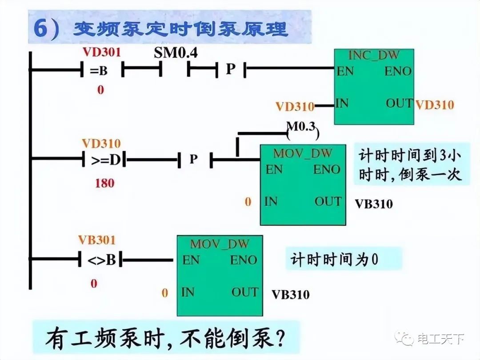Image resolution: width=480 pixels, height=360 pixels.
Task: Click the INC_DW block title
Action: click(373, 56)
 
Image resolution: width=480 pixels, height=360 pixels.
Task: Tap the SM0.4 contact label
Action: click(176, 53)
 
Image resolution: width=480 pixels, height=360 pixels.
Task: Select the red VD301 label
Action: click(101, 52)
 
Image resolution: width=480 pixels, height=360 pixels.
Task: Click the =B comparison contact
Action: click(101, 70)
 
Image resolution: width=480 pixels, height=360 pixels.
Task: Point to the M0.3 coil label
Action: click(301, 128)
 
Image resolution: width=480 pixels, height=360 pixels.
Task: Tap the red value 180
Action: click(104, 183)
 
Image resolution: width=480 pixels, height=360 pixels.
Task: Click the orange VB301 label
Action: click(96, 240)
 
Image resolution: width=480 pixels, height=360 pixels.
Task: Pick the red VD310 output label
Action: click(434, 104)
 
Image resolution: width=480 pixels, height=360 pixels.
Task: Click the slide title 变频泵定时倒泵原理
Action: click(180, 29)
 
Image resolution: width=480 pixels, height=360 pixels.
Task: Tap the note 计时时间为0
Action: click(335, 259)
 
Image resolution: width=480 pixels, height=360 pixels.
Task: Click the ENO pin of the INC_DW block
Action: click(398, 71)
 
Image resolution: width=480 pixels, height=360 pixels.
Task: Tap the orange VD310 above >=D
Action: click(101, 144)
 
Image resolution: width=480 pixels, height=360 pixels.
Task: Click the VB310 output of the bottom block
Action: click(291, 294)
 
